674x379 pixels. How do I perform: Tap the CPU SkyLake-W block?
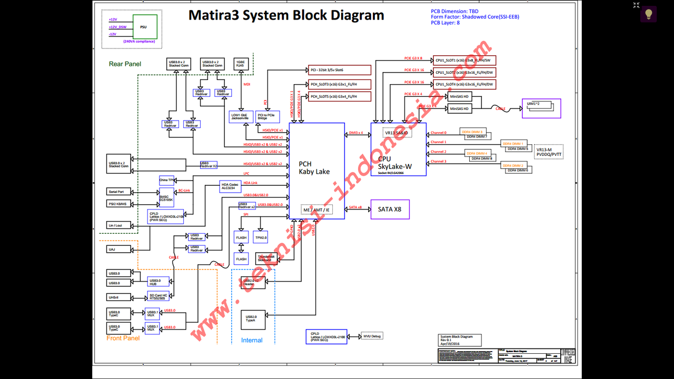398,150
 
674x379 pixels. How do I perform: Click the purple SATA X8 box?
390,210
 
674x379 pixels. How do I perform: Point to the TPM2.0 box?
260,237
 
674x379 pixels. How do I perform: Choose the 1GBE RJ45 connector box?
241,64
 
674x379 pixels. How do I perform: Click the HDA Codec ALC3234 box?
230,186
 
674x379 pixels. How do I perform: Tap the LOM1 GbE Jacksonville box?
240,116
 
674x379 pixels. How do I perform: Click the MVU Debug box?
372,336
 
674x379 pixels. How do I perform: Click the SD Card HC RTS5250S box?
158,296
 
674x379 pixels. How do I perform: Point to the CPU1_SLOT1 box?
464,61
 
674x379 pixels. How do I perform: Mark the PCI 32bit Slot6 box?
340,70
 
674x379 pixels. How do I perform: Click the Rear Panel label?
125,64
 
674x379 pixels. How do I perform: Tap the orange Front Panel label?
123,338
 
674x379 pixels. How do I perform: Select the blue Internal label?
252,340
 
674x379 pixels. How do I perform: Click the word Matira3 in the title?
215,15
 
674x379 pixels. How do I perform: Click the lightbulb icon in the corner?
648,14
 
